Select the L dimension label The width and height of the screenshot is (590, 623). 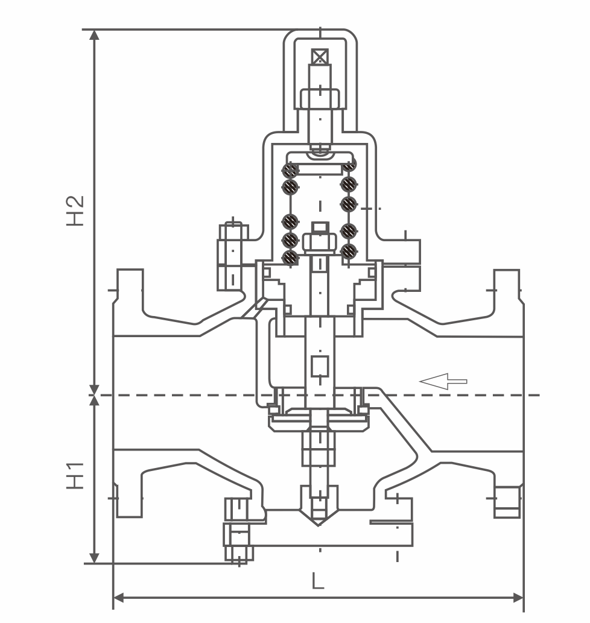click(318, 581)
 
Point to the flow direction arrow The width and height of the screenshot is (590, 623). click(443, 381)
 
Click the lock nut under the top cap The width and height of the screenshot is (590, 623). click(320, 98)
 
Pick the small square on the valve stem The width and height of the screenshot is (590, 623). click(319, 366)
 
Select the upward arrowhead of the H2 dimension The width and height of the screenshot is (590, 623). click(94, 35)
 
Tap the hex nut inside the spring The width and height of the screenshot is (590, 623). click(320, 241)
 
